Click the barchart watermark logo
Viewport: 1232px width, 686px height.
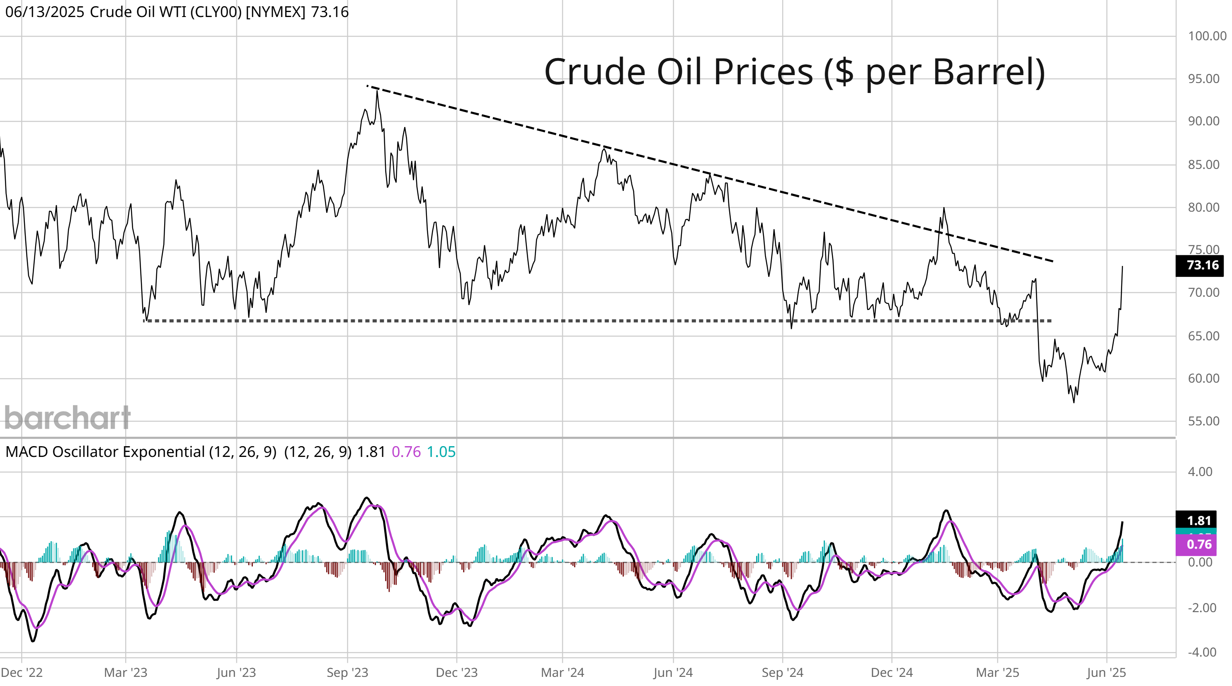coord(68,417)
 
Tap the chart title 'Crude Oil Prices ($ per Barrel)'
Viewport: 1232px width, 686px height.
coord(794,72)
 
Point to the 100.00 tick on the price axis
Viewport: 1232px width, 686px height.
coord(1207,37)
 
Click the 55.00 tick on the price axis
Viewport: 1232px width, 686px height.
coord(1203,421)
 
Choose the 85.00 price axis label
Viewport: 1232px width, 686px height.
coord(1203,165)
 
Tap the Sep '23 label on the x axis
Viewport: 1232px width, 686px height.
coord(347,673)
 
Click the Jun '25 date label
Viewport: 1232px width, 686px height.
coord(1106,673)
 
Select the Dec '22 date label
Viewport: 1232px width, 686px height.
coord(22,673)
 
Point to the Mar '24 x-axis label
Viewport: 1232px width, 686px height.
coord(563,673)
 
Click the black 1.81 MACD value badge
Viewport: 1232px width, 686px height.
coord(1198,520)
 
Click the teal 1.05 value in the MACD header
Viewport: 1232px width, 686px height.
coord(441,452)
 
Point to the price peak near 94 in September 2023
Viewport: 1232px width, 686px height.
coord(377,91)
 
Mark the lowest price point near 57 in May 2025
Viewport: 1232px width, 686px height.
coord(1074,402)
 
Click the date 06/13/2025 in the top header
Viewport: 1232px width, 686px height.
coord(44,12)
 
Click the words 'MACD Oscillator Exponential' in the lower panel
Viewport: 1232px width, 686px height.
coord(105,452)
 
